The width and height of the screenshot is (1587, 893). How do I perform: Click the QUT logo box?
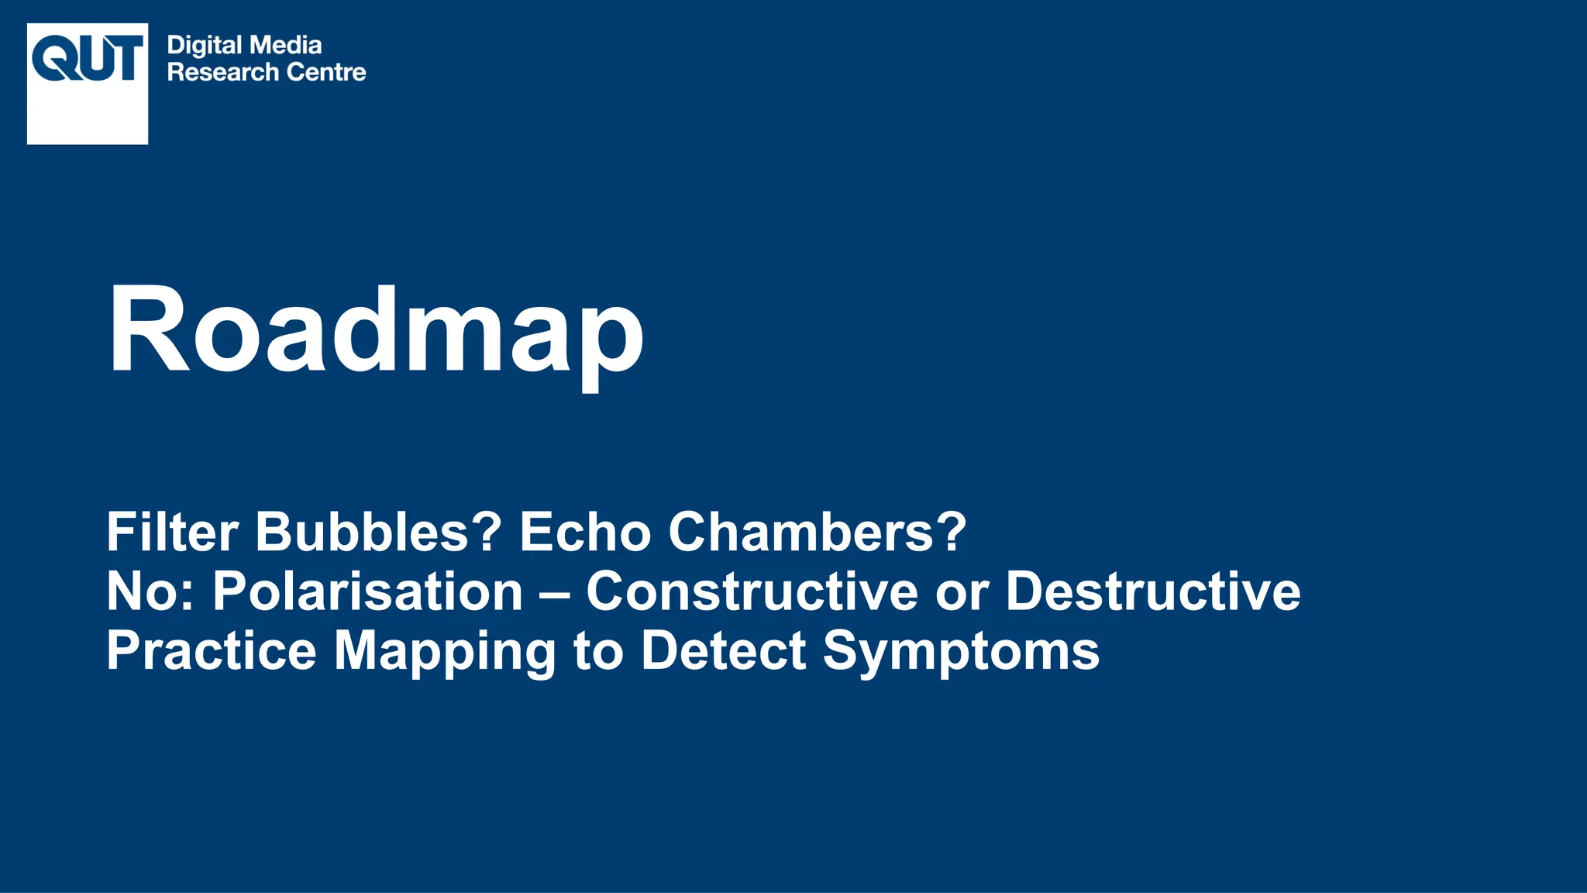tap(88, 84)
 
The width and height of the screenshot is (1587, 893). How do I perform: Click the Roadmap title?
tap(376, 331)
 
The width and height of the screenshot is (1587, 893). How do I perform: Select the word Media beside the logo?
tap(286, 45)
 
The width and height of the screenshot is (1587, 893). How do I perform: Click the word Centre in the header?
tap(326, 72)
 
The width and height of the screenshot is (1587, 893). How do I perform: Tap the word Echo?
tap(585, 532)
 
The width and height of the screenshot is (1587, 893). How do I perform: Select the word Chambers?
tap(818, 532)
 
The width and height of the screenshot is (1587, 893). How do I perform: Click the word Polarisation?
tap(368, 591)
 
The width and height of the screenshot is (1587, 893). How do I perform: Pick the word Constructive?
tap(752, 591)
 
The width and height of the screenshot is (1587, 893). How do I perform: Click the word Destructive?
tap(1153, 591)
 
